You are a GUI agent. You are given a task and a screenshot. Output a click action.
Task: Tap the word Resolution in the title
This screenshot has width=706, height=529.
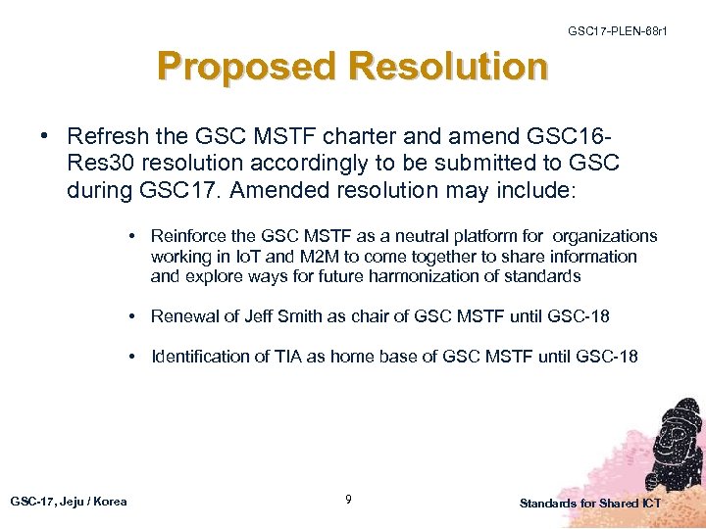[447, 67]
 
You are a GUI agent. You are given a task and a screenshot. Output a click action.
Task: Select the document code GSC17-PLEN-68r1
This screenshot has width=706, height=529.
[618, 32]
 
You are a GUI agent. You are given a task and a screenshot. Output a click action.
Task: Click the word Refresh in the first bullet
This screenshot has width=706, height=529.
[107, 135]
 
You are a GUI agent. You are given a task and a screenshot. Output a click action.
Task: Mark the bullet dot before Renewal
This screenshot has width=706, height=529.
[130, 315]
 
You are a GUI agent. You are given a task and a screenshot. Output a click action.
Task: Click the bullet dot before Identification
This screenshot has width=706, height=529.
[130, 356]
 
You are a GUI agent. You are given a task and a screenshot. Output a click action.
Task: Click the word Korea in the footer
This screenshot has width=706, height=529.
[111, 501]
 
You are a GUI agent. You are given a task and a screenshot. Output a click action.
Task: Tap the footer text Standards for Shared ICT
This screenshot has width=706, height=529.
[590, 503]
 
